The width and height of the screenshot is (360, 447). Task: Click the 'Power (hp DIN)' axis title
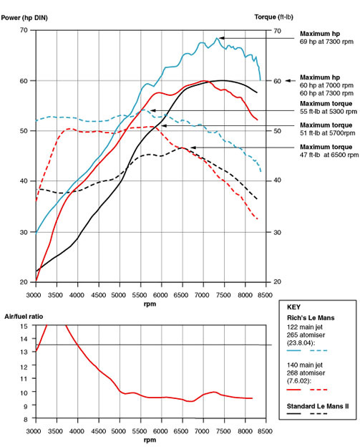coord(30,16)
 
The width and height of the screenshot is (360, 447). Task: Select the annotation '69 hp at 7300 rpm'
coord(326,42)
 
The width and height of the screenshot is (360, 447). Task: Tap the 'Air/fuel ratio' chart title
coord(23,316)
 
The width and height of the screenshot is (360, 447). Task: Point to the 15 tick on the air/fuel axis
coord(26,326)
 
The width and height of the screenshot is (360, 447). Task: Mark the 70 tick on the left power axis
coord(24,30)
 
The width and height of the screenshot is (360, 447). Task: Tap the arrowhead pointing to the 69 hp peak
coord(220,37)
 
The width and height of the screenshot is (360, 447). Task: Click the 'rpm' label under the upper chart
coord(148,304)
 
